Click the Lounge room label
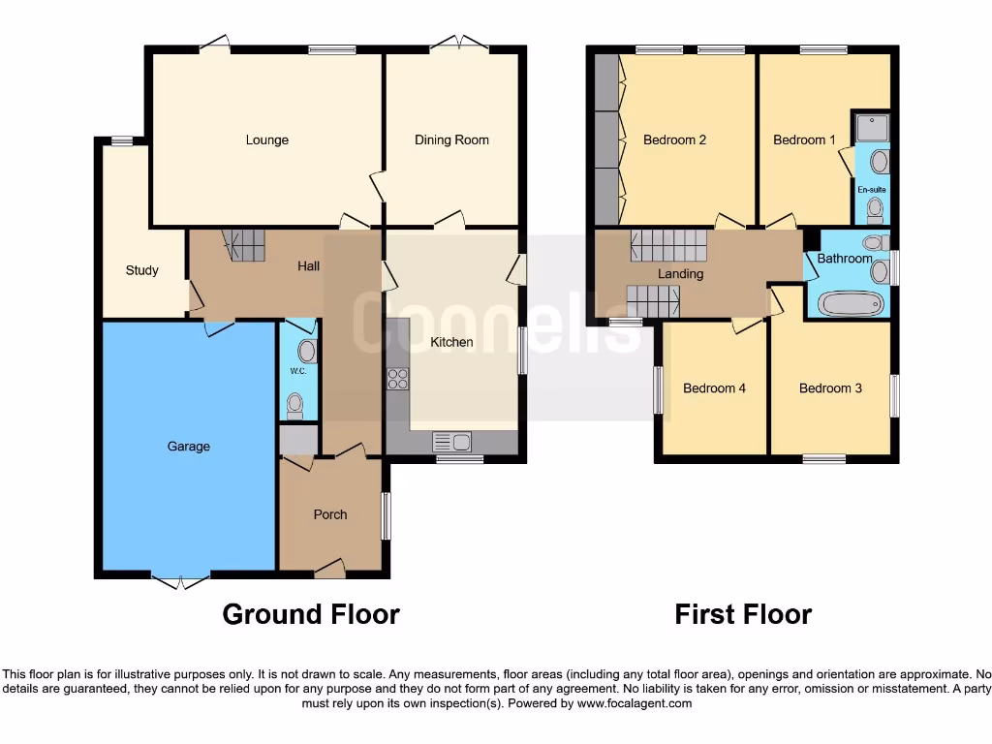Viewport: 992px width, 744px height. click(x=266, y=139)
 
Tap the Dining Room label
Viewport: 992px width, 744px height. click(x=451, y=139)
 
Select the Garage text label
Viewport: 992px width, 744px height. click(x=188, y=447)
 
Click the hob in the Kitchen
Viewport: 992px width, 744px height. click(x=397, y=379)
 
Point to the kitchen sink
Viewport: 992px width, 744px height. click(x=450, y=443)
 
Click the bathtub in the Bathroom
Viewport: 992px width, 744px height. click(x=851, y=304)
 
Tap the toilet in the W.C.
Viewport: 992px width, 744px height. click(x=294, y=404)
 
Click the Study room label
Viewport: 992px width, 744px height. click(x=141, y=270)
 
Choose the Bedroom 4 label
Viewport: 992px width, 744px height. click(x=714, y=388)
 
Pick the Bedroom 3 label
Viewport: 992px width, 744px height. click(x=830, y=388)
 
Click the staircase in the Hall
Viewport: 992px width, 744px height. click(x=244, y=245)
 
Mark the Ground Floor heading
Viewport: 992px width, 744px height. click(x=311, y=614)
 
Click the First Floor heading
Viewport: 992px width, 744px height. click(x=743, y=614)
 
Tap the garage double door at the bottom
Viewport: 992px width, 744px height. click(x=181, y=581)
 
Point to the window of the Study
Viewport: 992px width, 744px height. click(x=122, y=141)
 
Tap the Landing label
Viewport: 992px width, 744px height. click(x=680, y=274)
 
